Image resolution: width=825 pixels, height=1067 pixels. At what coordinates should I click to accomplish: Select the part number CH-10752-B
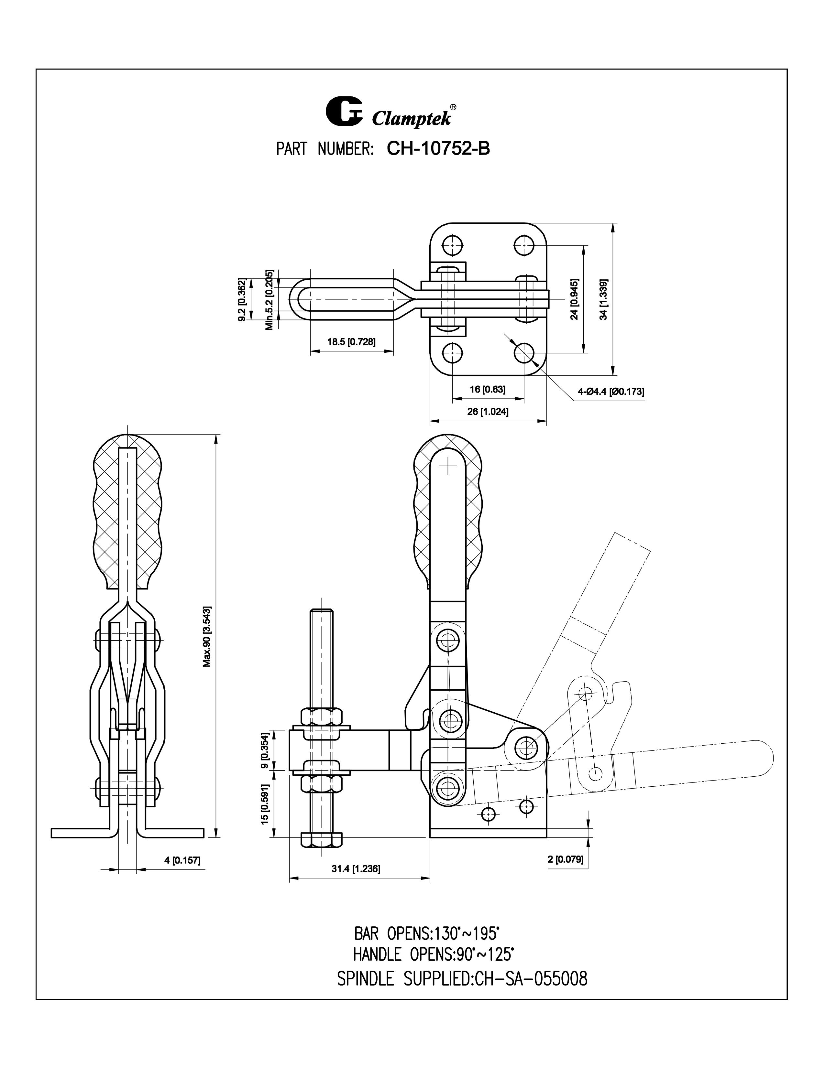pyautogui.click(x=438, y=148)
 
